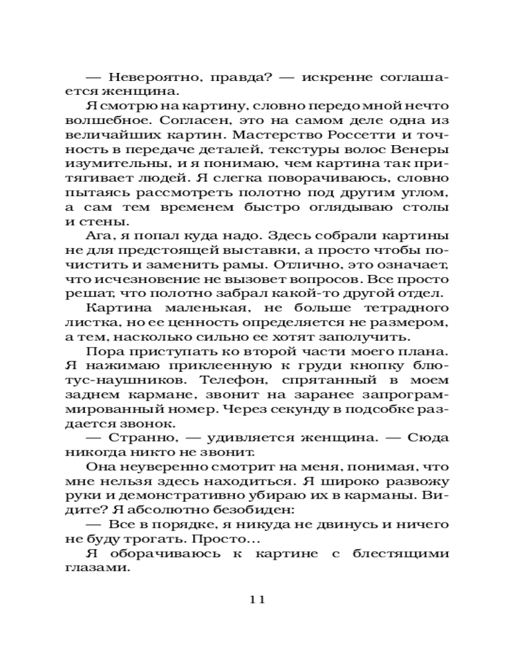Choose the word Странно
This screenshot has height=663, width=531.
pos(137,438)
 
